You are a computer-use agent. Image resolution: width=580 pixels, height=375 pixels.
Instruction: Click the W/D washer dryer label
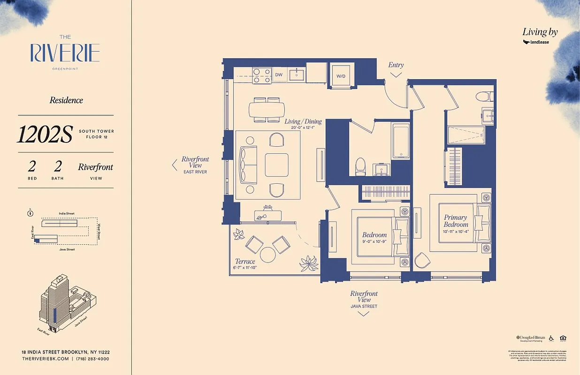341,75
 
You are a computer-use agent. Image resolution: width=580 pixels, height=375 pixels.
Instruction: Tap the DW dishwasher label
279,75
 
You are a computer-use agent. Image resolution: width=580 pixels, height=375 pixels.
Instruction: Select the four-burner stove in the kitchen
262,75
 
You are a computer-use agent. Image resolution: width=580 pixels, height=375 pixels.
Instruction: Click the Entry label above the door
396,65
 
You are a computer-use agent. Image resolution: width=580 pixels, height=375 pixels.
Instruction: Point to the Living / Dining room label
303,121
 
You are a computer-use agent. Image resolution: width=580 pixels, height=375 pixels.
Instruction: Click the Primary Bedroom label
456,221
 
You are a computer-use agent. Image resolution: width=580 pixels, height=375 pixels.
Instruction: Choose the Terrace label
245,262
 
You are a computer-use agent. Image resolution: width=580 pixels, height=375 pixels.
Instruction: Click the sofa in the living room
249,164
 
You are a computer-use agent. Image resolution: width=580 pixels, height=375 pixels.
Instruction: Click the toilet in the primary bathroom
483,97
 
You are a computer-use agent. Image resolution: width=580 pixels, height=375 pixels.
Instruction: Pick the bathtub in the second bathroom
402,141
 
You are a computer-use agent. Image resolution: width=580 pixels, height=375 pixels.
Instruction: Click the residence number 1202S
45,135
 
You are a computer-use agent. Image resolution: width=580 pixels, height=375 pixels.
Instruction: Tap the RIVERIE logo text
65,52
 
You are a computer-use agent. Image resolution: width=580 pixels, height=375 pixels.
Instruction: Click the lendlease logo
536,42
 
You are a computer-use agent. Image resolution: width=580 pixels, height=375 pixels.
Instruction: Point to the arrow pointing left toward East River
175,165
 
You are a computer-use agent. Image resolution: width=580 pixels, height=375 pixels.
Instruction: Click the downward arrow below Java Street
364,314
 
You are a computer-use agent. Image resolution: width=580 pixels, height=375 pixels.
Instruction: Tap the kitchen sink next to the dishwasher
297,75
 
